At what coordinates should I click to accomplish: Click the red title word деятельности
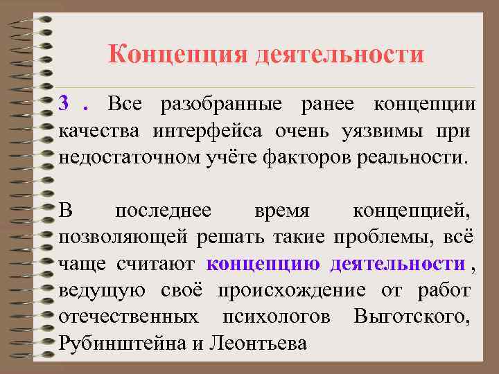(339, 54)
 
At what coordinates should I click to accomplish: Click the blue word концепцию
(263, 264)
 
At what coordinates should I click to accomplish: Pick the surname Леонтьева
(256, 343)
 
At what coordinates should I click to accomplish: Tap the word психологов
(276, 317)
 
